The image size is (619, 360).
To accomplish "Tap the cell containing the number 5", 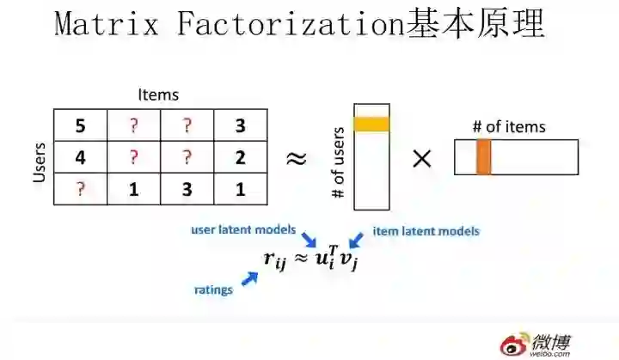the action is (x=80, y=126).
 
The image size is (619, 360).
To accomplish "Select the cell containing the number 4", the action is (x=80, y=158).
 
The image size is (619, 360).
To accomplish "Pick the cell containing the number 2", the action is (x=240, y=158).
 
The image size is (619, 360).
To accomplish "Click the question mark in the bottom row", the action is (x=80, y=189).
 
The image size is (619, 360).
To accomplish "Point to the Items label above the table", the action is (x=158, y=95).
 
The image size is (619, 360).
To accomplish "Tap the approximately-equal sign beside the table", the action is (x=297, y=159).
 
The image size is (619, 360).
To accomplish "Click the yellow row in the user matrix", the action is (x=371, y=124).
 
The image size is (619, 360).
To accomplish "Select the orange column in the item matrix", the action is (x=483, y=157).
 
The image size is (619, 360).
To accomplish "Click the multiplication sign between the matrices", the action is (x=422, y=159).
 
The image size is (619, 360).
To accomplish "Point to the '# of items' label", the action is (x=509, y=127).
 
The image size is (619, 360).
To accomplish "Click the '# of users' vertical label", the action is (x=338, y=163).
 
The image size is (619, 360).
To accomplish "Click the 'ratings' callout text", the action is (x=213, y=290).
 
